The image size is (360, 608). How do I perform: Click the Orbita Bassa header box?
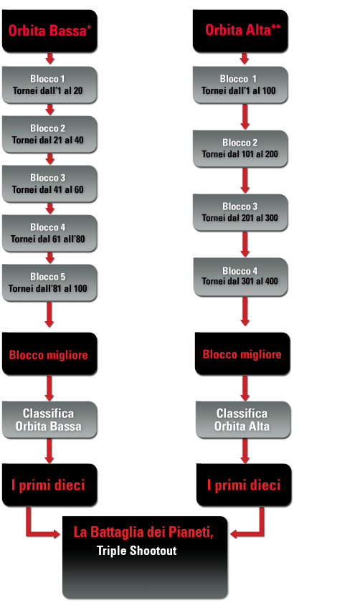49,31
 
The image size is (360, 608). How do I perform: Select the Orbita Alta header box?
240,31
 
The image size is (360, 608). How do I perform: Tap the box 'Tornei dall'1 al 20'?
49,85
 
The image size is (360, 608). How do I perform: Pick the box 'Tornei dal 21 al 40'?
49,134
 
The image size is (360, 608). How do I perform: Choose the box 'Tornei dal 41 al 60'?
49,184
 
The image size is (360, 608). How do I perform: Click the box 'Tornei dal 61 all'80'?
49,233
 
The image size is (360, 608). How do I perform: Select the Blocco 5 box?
49,282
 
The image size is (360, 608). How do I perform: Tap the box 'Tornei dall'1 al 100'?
240,85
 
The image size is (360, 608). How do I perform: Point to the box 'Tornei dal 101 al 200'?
240,149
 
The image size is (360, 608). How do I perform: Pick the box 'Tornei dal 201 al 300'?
240,212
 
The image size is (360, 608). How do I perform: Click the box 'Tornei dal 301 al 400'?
241,277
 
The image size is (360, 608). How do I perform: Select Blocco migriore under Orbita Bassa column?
49,353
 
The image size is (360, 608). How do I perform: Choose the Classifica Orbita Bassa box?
49,420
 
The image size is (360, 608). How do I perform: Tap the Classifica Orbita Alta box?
243,420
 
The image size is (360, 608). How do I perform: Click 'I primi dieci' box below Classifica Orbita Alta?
244,485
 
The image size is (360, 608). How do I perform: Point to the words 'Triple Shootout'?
136,551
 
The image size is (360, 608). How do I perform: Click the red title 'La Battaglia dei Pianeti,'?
143,532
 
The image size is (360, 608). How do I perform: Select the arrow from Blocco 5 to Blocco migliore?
49,315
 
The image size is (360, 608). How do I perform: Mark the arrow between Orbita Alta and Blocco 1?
244,59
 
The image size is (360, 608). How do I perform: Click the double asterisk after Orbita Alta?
276,27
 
